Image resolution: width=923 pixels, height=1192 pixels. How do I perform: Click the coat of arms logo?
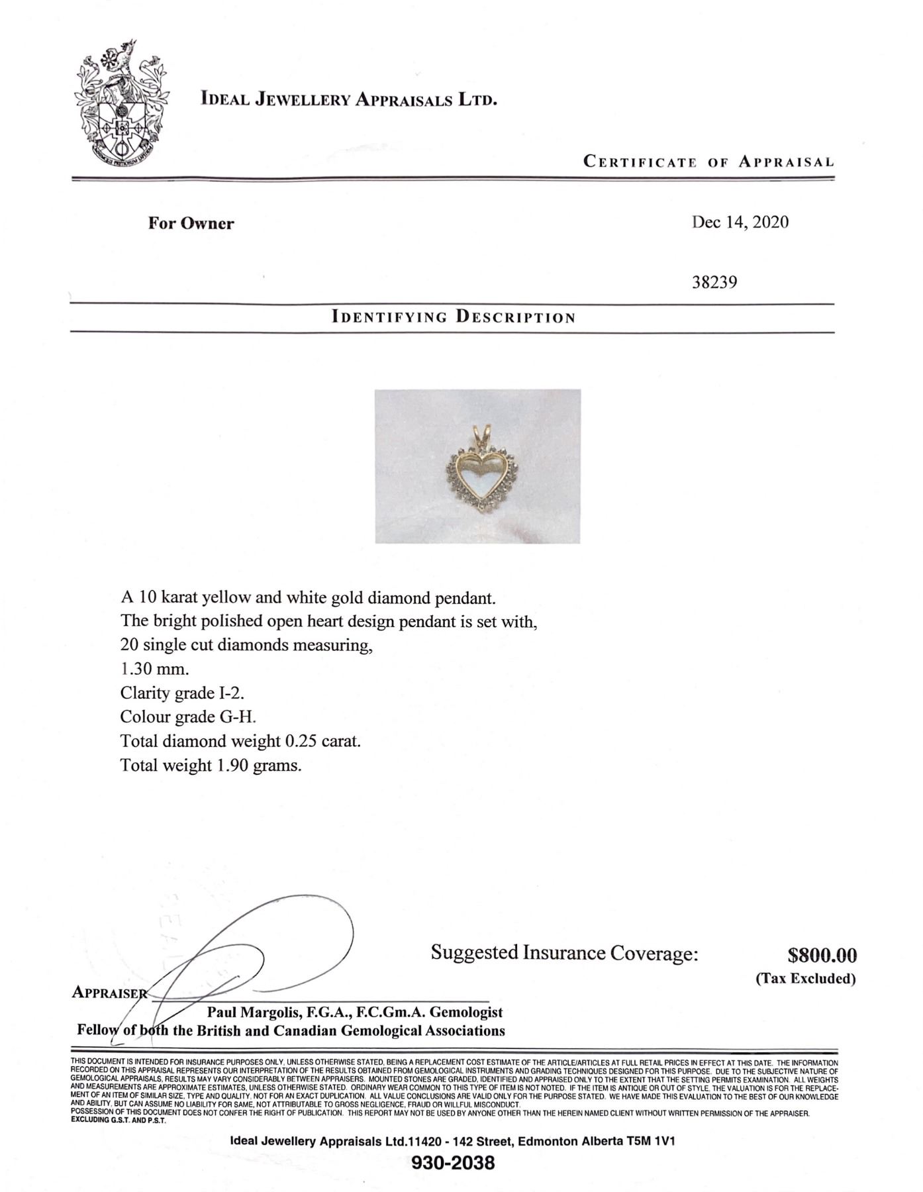pyautogui.click(x=121, y=107)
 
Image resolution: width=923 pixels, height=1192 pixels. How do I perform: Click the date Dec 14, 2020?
pyautogui.click(x=740, y=222)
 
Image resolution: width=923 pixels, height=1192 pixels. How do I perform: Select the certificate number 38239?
pyautogui.click(x=714, y=282)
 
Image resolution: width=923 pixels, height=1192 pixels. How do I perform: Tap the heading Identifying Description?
pyautogui.click(x=454, y=317)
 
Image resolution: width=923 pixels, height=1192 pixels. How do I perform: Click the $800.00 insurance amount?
pyautogui.click(x=822, y=955)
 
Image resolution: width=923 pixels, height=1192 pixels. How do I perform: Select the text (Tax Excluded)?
pyautogui.click(x=806, y=978)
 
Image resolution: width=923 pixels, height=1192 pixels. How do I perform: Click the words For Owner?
pyautogui.click(x=191, y=223)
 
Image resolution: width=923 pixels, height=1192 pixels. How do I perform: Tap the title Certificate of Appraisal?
pyautogui.click(x=708, y=162)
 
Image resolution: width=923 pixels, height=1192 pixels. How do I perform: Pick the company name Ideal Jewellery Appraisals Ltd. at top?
pyautogui.click(x=349, y=100)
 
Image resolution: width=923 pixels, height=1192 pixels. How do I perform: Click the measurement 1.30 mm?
pyautogui.click(x=154, y=669)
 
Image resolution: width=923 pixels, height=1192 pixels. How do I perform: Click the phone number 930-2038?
pyautogui.click(x=453, y=1162)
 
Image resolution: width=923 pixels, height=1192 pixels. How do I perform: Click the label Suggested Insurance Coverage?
pyautogui.click(x=564, y=953)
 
